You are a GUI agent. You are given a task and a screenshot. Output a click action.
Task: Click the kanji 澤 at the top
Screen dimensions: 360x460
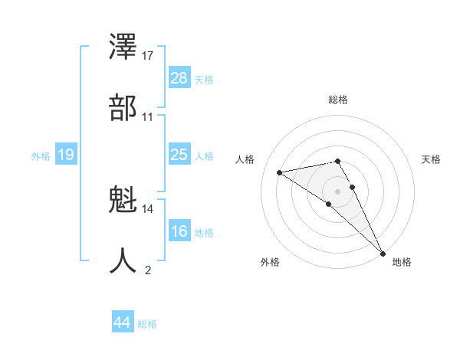123,47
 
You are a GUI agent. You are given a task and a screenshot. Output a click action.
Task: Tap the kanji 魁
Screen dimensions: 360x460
123,200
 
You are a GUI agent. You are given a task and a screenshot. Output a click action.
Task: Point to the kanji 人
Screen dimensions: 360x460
123,260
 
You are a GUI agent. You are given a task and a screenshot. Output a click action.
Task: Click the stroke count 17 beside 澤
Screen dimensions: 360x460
148,56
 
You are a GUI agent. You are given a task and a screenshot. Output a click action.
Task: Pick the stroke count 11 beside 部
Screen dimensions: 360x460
148,116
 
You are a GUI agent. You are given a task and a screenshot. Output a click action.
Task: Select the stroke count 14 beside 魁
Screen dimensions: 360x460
148,208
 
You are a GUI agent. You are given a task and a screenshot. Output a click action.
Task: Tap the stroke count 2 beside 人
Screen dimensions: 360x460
148,270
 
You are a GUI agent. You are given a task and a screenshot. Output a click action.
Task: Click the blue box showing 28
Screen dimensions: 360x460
179,78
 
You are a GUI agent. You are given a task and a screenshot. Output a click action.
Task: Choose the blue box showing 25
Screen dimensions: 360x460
179,155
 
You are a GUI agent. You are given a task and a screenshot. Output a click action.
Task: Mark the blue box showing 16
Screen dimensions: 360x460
179,231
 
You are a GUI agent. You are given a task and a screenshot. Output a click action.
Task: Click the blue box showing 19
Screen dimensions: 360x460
66,155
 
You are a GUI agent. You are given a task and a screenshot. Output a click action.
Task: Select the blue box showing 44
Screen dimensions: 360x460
123,322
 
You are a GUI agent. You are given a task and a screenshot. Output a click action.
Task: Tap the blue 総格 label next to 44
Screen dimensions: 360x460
147,324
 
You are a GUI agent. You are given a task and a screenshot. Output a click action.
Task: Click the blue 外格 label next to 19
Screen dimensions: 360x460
41,156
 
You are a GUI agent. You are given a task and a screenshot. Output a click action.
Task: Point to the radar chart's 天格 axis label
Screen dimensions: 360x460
431,159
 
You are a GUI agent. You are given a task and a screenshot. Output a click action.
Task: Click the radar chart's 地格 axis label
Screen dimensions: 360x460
402,262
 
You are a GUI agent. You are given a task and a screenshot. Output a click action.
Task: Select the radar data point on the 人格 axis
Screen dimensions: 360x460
279,172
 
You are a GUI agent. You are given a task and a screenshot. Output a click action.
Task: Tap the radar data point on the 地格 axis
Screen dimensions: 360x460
382,253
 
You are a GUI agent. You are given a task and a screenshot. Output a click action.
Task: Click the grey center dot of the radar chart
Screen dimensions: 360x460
337,191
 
